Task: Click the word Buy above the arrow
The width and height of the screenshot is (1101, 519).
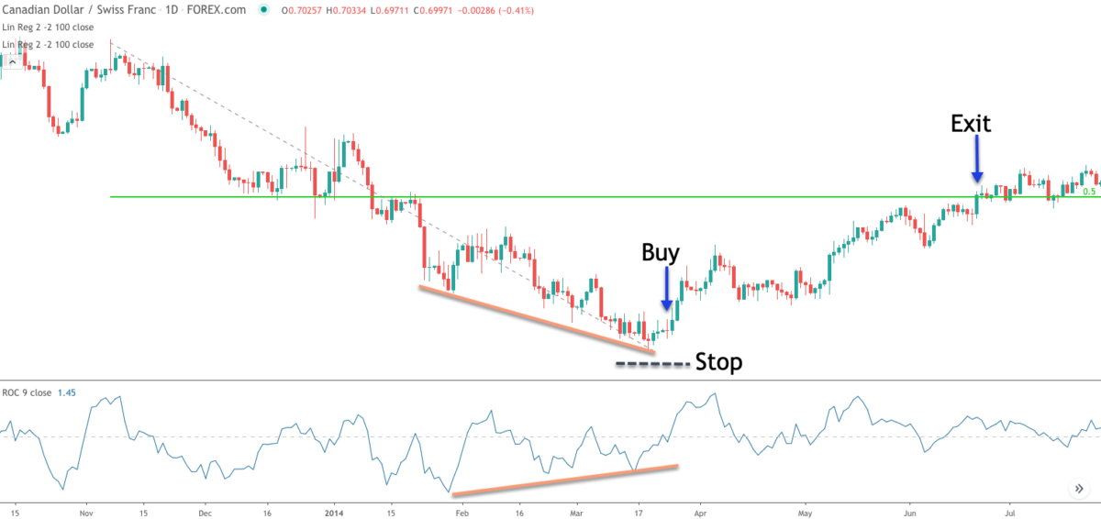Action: [661, 253]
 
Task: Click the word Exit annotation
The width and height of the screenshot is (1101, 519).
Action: [971, 124]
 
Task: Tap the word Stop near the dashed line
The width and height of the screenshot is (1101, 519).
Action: [718, 362]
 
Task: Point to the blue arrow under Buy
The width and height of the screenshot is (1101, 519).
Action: [667, 289]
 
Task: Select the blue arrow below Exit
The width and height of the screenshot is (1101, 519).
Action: [977, 160]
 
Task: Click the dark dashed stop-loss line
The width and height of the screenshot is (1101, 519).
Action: [651, 365]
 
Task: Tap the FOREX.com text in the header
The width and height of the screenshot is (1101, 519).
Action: [224, 10]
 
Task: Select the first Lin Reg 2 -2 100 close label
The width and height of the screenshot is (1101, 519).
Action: [48, 28]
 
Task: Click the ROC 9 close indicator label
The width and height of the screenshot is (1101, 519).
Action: [27, 392]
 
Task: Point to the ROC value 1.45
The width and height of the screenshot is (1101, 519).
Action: [66, 392]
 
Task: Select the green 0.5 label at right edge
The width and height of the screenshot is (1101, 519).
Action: [1089, 192]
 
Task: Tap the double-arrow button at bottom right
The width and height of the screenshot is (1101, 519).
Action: [1079, 489]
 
